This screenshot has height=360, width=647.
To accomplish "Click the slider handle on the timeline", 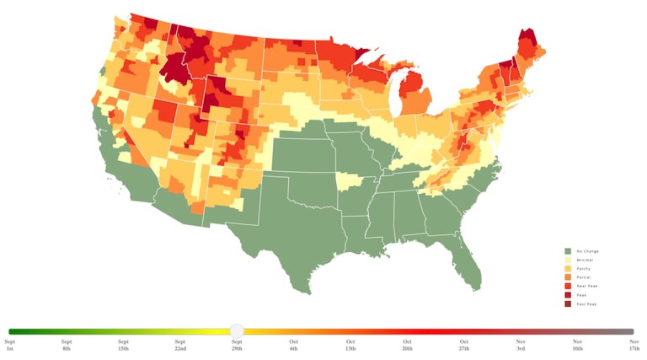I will (x=237, y=331).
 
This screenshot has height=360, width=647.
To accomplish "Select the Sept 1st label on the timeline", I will (x=10, y=345).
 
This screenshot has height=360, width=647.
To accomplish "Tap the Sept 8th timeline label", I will (x=67, y=345).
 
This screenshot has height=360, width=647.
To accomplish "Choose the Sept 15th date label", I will (x=124, y=345).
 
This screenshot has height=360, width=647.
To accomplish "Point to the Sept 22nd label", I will (x=180, y=345).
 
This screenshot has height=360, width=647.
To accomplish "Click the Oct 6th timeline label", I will (x=294, y=345).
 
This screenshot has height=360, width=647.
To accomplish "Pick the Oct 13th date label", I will (x=350, y=345).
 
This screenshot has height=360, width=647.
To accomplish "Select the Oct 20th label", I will (x=407, y=345).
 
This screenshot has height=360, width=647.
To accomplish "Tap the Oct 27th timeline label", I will (x=464, y=345).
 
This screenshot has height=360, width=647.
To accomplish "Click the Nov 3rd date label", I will (x=521, y=345).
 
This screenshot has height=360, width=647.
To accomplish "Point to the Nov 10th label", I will (x=577, y=345).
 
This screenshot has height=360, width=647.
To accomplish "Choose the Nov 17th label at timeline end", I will (x=634, y=345).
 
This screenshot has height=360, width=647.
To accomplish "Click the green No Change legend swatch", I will (x=568, y=251).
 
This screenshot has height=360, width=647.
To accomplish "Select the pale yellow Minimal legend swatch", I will (x=568, y=260).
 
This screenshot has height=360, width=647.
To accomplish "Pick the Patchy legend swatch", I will (x=568, y=268).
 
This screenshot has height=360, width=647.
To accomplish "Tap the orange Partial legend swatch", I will (x=568, y=277).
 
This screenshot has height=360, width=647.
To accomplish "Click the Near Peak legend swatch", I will (x=568, y=286).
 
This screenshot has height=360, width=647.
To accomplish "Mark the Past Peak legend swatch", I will (x=568, y=304).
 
